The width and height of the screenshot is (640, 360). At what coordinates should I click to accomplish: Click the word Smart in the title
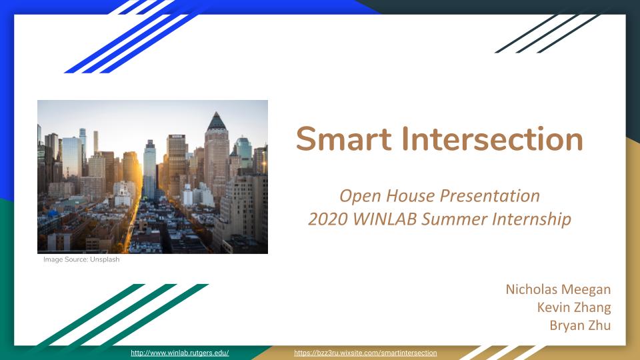tap(344, 139)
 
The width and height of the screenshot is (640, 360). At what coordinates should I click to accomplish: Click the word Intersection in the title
tap(492, 139)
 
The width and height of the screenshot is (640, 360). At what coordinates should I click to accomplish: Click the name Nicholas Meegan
tap(558, 289)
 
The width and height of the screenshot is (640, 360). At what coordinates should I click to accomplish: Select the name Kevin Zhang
tap(574, 307)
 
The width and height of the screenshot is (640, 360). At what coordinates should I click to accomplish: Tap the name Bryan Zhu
tap(580, 325)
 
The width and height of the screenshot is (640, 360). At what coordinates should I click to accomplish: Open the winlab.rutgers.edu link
tap(179, 353)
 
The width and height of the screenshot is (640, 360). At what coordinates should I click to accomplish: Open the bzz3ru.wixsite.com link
tap(365, 353)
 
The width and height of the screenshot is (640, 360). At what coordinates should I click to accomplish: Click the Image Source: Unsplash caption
tap(81, 259)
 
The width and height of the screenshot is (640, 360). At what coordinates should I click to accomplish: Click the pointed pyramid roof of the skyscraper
tap(216, 121)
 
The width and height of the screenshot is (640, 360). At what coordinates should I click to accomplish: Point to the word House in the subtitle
tap(410, 196)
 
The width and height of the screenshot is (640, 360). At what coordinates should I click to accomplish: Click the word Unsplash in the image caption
tap(105, 259)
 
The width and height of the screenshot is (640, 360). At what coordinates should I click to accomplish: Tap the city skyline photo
tap(153, 177)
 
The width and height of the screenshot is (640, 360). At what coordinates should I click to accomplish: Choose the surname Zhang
tap(592, 307)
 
